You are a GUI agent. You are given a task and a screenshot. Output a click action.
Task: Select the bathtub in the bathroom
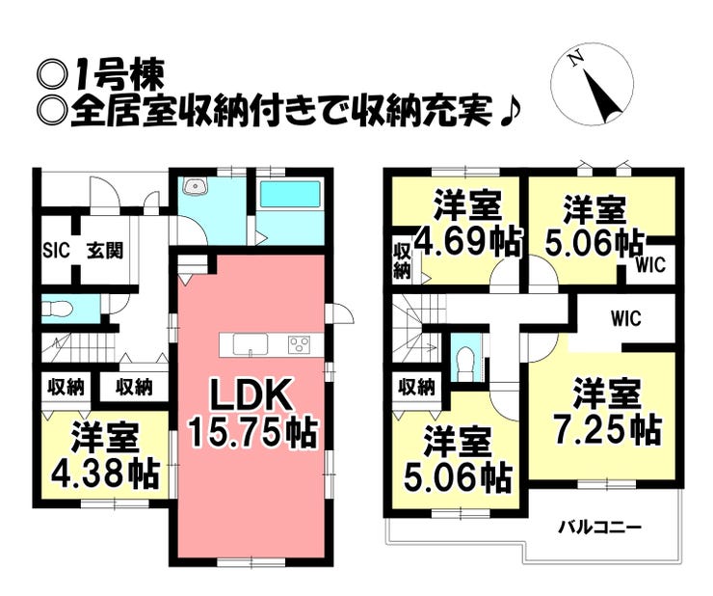(294, 194)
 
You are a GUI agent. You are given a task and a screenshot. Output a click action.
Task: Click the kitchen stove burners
(300, 344)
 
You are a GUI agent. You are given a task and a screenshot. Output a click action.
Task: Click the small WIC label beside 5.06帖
(651, 265)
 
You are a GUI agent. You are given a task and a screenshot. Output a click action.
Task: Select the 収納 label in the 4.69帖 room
(402, 259)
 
